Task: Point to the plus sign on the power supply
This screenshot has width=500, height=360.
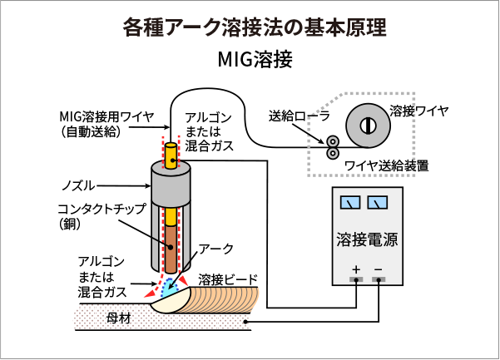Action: point(356,269)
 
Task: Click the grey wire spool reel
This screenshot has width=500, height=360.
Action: point(365,125)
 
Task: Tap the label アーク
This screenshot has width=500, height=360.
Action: point(216,249)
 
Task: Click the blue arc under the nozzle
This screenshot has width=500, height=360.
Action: point(171,288)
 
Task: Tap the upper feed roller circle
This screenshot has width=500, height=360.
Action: point(332,141)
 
